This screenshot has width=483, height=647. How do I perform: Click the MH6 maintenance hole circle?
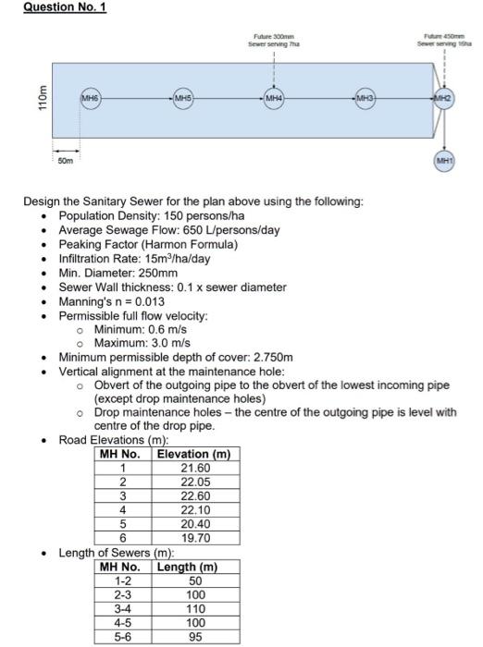(90, 97)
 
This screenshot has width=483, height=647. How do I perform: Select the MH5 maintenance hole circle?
(182, 97)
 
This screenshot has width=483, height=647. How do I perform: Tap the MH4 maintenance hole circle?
(274, 97)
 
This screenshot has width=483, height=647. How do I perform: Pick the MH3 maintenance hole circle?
(366, 97)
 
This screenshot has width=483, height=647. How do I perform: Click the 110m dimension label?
(39, 97)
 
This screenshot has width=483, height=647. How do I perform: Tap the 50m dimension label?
(65, 163)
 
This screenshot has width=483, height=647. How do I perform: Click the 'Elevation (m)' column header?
(193, 454)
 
